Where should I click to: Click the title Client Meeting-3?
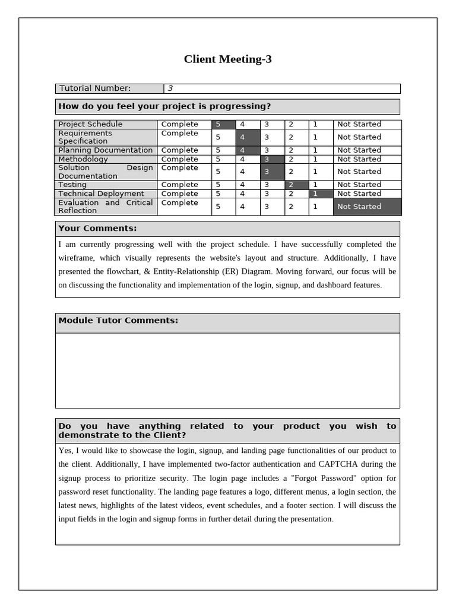(x=227, y=59)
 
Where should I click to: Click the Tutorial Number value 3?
(x=170, y=88)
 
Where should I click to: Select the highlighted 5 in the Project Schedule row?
(x=218, y=124)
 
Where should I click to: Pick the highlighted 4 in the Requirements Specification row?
(x=242, y=137)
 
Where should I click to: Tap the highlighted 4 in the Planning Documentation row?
(x=242, y=150)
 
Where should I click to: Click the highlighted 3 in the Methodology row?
(x=267, y=159)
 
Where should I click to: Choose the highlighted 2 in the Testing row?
(x=291, y=185)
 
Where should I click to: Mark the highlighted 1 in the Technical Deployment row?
(x=315, y=194)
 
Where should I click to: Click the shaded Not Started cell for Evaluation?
(x=367, y=207)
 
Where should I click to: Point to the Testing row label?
(x=72, y=185)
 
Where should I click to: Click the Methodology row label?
(x=83, y=159)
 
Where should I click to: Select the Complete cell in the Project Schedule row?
(x=179, y=124)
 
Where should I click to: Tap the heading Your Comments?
(x=97, y=229)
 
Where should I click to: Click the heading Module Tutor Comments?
(x=118, y=321)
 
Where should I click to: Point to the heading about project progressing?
(x=164, y=106)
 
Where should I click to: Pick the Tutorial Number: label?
(x=95, y=88)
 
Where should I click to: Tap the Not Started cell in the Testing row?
(x=359, y=185)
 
